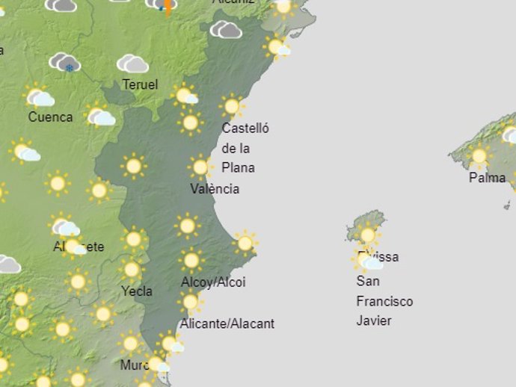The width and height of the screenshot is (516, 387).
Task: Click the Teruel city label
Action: tap(140, 85)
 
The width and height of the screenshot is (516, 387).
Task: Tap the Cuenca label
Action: tap(50, 117)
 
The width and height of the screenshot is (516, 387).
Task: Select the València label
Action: tap(215, 189)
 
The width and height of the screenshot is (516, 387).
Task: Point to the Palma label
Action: tap(487, 178)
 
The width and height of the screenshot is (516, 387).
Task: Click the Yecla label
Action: tap(137, 291)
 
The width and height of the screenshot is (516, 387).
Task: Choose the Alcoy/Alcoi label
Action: tap(213, 282)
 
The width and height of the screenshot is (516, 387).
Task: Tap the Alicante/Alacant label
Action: tap(227, 323)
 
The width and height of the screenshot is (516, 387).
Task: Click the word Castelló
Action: tap(245, 129)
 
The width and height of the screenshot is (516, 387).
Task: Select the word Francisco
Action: tap(384, 301)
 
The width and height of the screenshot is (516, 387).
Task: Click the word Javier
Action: tap(374, 321)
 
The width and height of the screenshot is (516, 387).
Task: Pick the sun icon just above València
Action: tap(200, 167)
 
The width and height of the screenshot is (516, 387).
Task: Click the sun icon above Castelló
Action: tap(232, 106)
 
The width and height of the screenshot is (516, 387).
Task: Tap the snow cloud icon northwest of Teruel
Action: tap(66, 63)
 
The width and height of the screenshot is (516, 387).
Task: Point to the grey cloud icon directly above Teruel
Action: tap(132, 64)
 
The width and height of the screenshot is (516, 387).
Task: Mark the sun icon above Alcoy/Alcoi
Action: tap(191, 260)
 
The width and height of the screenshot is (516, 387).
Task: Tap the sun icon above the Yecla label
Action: tap(132, 270)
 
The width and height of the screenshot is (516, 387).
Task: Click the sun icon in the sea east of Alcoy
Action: tap(245, 243)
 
